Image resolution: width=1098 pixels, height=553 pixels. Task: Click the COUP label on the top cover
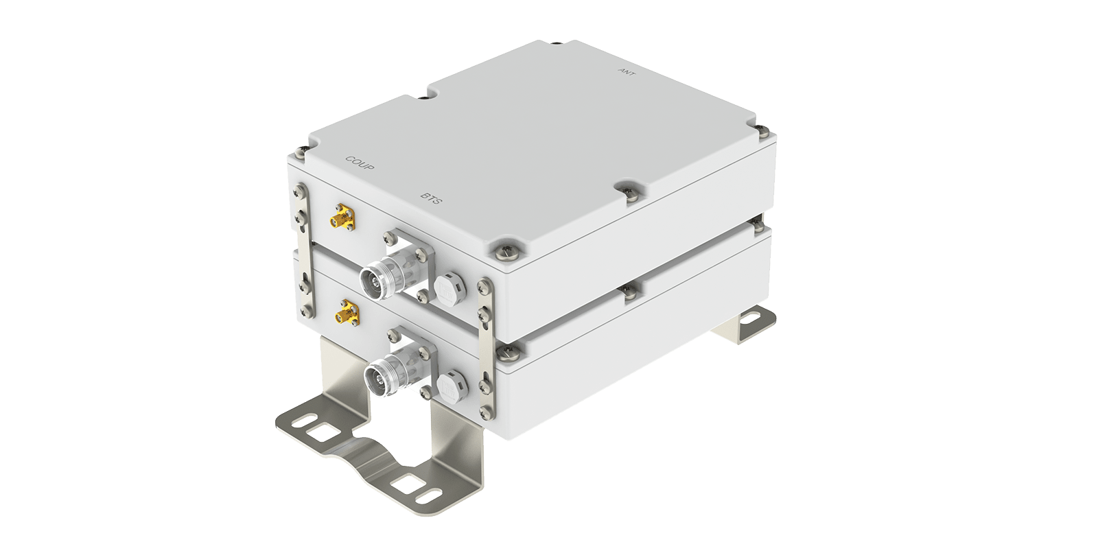tap(360, 163)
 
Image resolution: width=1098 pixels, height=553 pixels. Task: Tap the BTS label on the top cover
tap(432, 198)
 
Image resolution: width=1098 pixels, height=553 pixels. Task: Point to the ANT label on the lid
tap(627, 72)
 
